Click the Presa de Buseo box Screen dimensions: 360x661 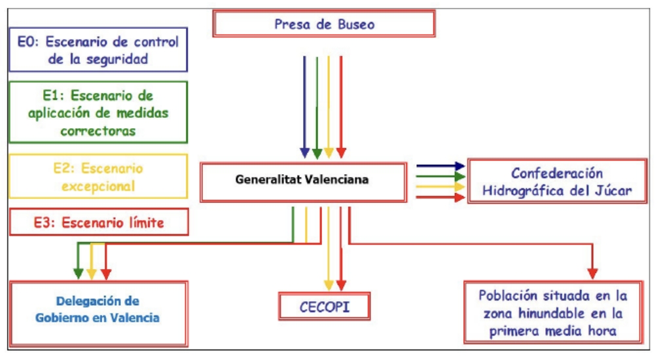[x=324, y=24]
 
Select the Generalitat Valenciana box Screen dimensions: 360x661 [x=302, y=180]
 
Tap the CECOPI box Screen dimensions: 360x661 [x=325, y=306]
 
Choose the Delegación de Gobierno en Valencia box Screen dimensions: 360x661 [x=99, y=311]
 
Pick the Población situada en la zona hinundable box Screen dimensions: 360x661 [x=553, y=313]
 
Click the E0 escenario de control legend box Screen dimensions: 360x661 [x=98, y=50]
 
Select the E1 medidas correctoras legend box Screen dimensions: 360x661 [x=98, y=113]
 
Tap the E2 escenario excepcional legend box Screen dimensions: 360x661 [x=98, y=177]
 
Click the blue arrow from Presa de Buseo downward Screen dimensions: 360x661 [x=304, y=105]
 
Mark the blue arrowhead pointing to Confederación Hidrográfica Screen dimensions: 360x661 [x=459, y=166]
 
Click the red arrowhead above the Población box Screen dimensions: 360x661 [x=593, y=274]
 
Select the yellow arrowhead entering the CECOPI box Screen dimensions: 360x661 [x=329, y=285]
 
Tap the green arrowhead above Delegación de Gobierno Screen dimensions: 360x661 [x=79, y=273]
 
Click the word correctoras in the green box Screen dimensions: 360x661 [x=98, y=130]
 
